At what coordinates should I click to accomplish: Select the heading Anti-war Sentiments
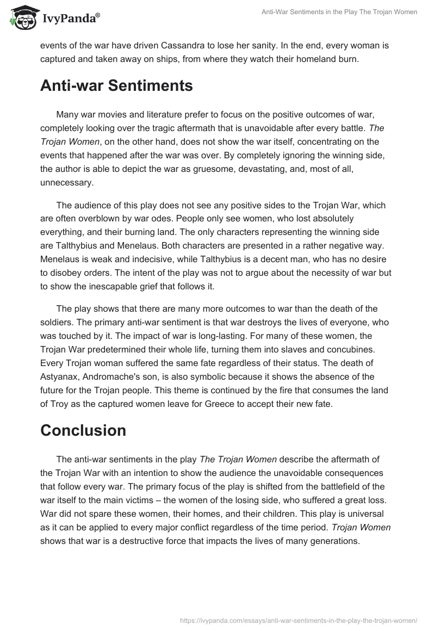click(116, 86)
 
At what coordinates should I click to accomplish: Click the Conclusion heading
click(83, 430)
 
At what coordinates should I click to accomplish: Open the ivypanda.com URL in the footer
click(298, 620)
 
